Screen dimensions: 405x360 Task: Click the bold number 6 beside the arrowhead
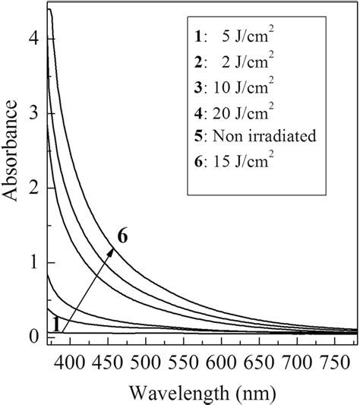122,236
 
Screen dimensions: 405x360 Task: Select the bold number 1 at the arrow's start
55,324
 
